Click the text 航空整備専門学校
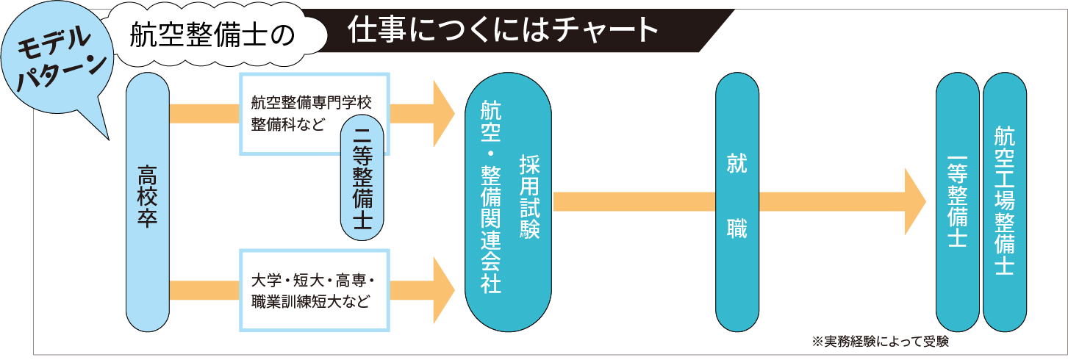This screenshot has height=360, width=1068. pyautogui.click(x=312, y=102)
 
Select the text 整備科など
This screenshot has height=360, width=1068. pyautogui.click(x=287, y=123)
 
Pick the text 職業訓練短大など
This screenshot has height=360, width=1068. pyautogui.click(x=309, y=301)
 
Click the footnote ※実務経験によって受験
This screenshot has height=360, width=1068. pyautogui.click(x=881, y=342)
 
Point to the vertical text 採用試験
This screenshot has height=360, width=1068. pyautogui.click(x=530, y=197)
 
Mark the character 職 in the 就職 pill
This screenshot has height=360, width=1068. pyautogui.click(x=737, y=228)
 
